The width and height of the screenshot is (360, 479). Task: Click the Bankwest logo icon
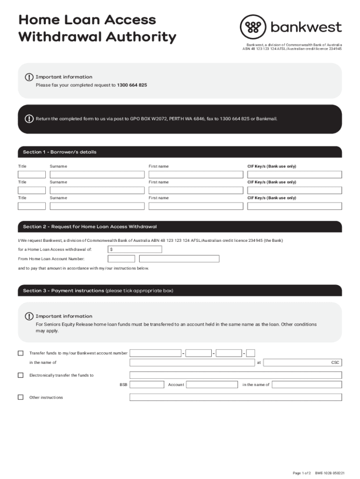pyautogui.click(x=252, y=27)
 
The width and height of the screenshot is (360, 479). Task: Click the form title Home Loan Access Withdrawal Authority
pyautogui.click(x=97, y=28)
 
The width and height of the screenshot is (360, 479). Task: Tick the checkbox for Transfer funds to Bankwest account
pyautogui.click(x=21, y=353)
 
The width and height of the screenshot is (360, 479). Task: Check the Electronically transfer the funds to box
pyautogui.click(x=21, y=375)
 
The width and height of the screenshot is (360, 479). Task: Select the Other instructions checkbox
pyautogui.click(x=21, y=397)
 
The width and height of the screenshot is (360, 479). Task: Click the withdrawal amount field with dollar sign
pyautogui.click(x=135, y=249)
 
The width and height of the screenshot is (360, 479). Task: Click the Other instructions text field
pyautogui.click(x=235, y=397)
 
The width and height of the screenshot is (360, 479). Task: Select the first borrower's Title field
pyautogui.click(x=31, y=174)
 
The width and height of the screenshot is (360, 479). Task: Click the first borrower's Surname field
pyautogui.click(x=97, y=174)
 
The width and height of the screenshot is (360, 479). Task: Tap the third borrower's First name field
pyautogui.click(x=195, y=206)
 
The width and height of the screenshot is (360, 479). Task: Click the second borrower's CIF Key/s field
pyautogui.click(x=294, y=190)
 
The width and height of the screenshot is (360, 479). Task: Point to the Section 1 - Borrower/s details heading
pyautogui.click(x=60, y=152)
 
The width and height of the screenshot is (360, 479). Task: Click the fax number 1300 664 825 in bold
pyautogui.click(x=132, y=86)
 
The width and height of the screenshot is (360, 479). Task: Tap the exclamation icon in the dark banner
pyautogui.click(x=29, y=119)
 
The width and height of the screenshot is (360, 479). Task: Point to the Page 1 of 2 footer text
pyautogui.click(x=302, y=473)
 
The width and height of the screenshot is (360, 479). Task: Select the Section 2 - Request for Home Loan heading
pyautogui.click(x=90, y=227)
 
